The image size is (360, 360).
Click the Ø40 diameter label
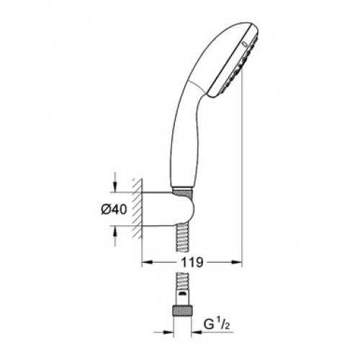click(x=114, y=210)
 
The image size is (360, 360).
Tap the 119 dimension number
click(x=192, y=263)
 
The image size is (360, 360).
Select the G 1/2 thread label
click(x=217, y=324)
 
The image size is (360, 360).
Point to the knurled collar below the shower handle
click(x=183, y=192)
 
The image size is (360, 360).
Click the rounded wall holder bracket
click(x=168, y=209)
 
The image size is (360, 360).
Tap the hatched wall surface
click(x=138, y=208)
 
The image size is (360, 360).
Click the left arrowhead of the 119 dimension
click(x=147, y=262)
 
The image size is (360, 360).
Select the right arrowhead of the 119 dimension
click(x=237, y=262)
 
